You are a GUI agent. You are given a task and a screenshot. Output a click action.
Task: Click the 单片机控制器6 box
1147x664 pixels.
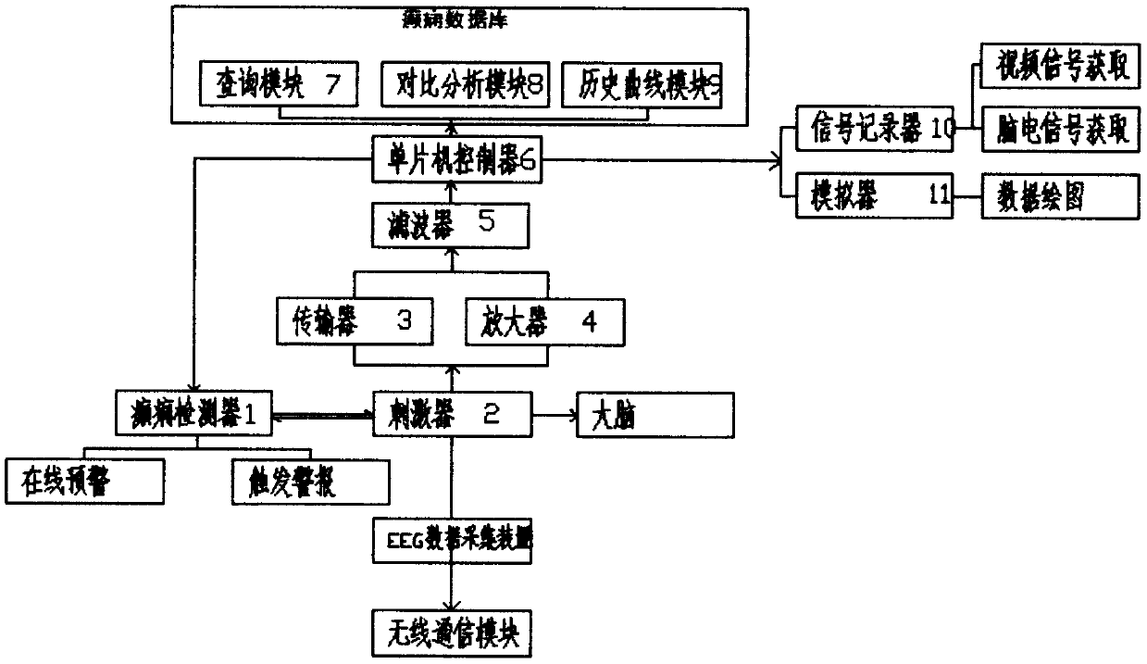[451, 158]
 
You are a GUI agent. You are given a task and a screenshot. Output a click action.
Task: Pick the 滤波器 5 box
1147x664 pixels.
[451, 223]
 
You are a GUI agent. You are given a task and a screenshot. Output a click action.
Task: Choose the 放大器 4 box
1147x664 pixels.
[543, 321]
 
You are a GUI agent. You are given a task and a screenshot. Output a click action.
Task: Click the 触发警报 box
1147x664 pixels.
[309, 478]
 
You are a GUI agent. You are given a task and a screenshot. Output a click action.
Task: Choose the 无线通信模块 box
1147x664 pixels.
[452, 633]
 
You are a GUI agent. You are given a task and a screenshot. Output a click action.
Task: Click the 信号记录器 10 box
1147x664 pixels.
[875, 128]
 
